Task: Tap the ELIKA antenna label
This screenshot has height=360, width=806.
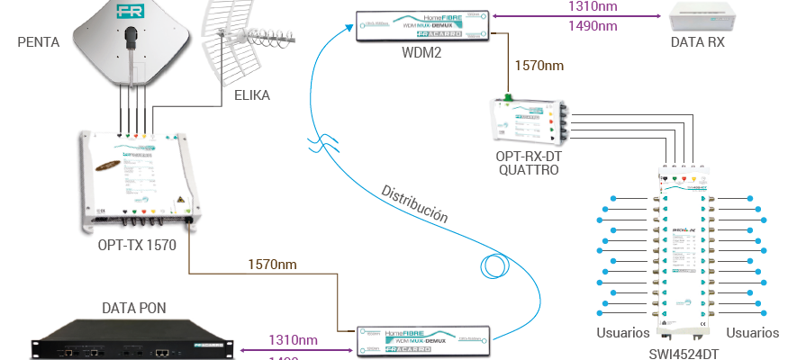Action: tap(251, 94)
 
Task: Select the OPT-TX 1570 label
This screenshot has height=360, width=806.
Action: tap(137, 243)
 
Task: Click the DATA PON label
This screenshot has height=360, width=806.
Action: tap(134, 308)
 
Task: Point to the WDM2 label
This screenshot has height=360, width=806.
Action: tap(421, 49)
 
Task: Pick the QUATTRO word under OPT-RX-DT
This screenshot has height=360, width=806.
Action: tap(528, 169)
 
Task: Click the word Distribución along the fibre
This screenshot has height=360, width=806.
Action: tap(414, 204)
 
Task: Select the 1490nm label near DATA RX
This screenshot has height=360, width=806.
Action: tap(592, 27)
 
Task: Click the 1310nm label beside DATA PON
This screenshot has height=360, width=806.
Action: tap(293, 340)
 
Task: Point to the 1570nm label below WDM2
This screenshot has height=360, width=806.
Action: tap(539, 66)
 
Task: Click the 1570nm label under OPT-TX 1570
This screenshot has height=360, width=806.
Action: tap(273, 265)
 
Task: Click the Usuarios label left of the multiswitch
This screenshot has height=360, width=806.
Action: tap(623, 333)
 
